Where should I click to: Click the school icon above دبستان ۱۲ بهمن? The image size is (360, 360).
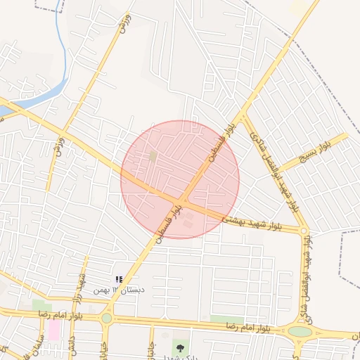(x=119, y=279)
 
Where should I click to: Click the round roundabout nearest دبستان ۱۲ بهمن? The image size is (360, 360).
(x=106, y=318)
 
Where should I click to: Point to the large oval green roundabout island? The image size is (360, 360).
(x=300, y=331)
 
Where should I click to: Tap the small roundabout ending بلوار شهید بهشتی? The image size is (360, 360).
(x=304, y=231)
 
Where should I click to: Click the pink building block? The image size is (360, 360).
(x=53, y=329)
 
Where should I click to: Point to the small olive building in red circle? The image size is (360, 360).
(x=153, y=156)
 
